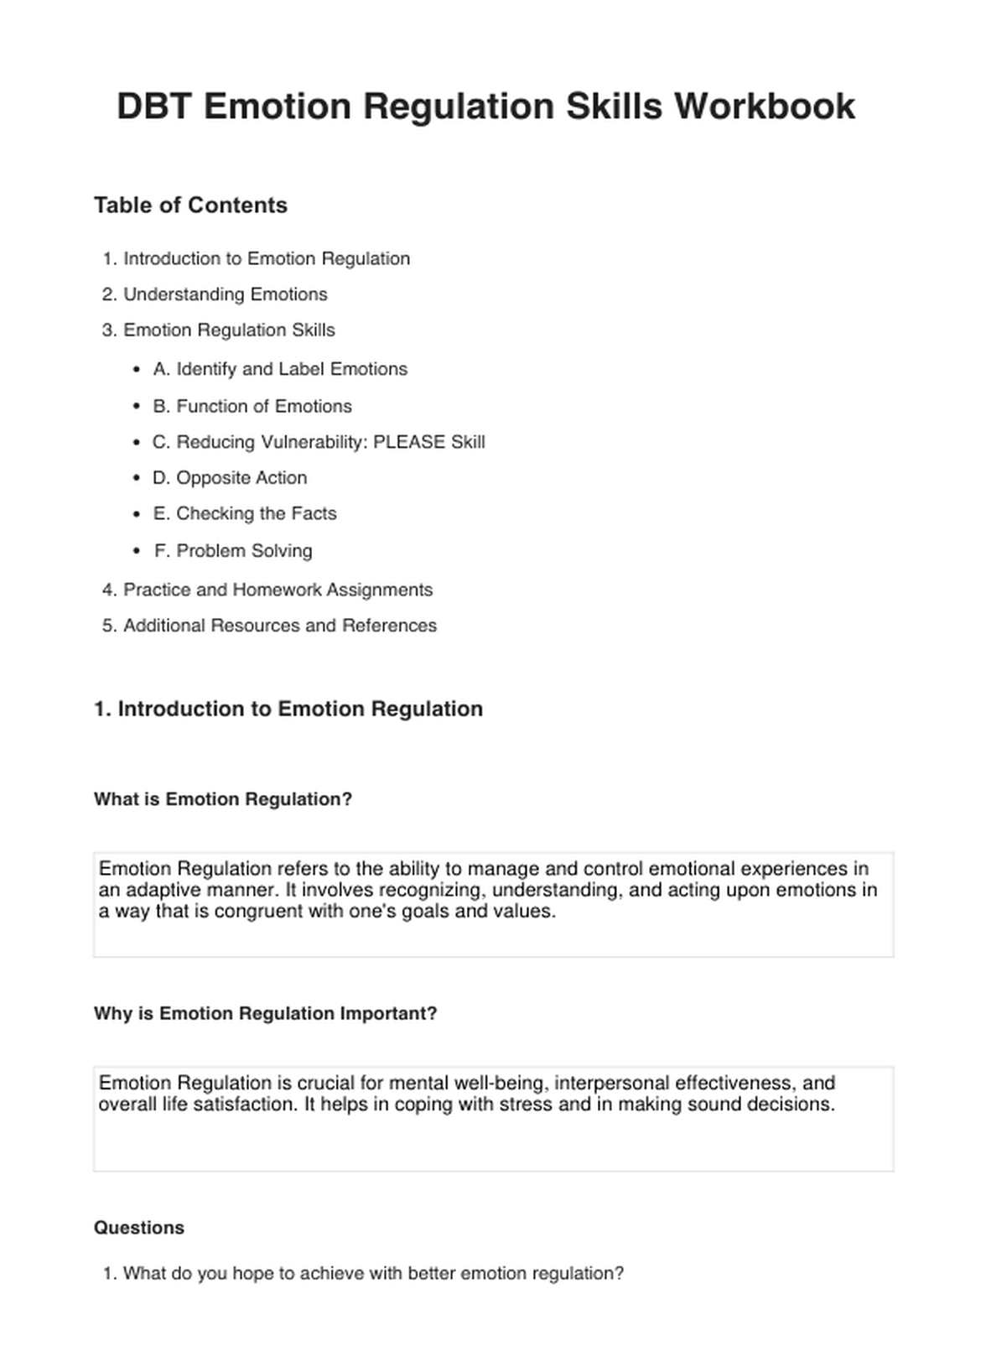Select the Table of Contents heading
[190, 205]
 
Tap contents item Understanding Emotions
[225, 294]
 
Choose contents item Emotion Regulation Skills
[229, 330]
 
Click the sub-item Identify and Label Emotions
[280, 369]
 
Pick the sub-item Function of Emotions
[252, 407]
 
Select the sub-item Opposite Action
[230, 478]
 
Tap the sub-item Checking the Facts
[245, 513]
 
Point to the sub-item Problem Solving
[233, 551]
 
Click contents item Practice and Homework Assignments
[278, 590]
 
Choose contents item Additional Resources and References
[280, 626]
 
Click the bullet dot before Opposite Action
[137, 478]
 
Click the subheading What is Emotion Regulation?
[223, 799]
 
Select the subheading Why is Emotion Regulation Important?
[265, 1013]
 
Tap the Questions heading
[139, 1228]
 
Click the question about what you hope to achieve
[373, 1274]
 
